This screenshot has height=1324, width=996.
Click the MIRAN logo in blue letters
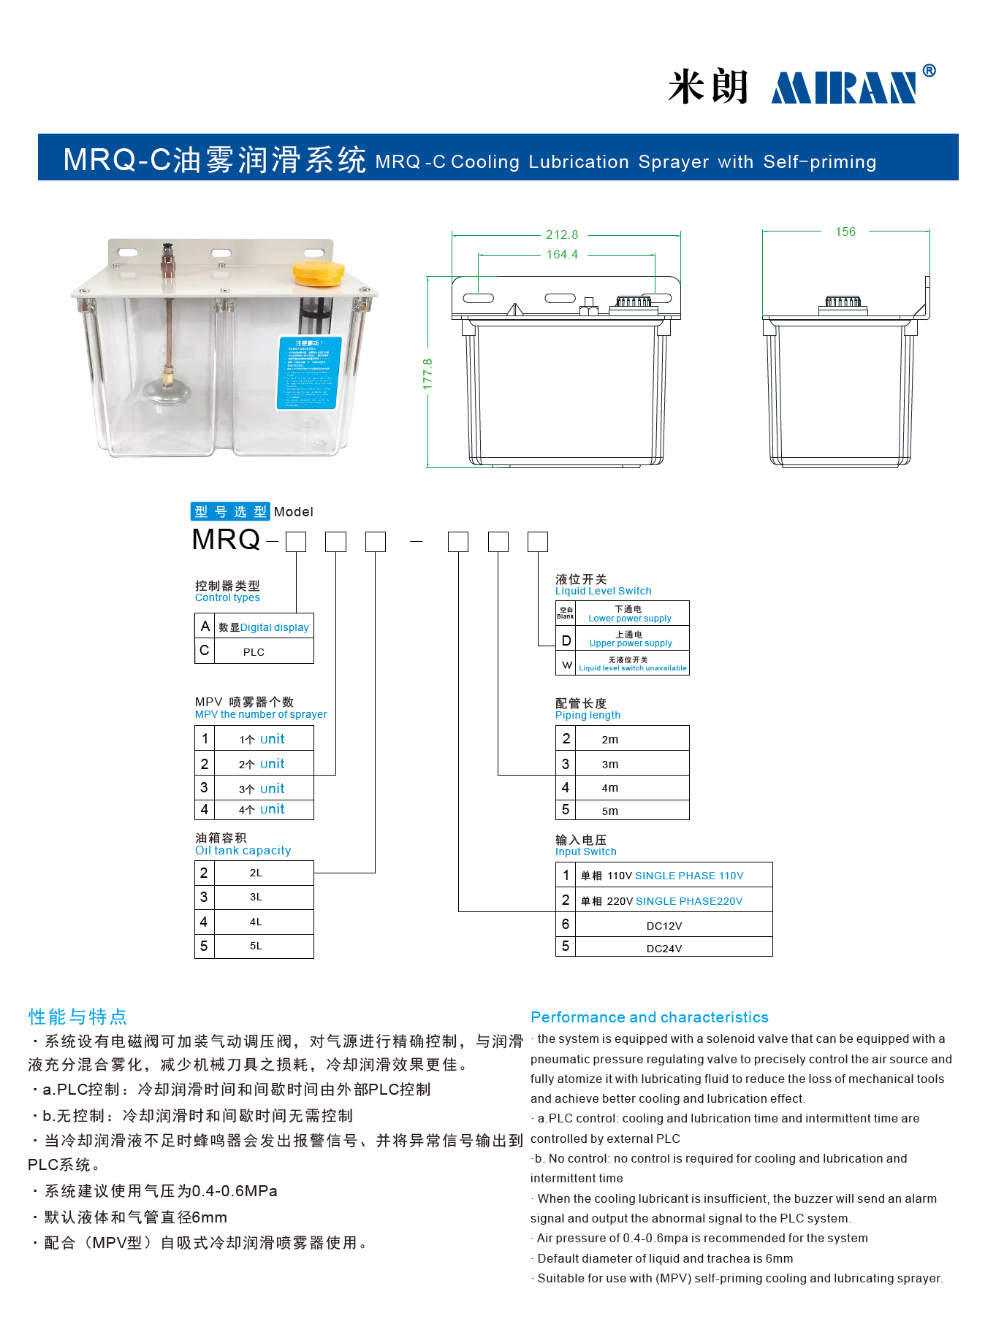[x=844, y=88]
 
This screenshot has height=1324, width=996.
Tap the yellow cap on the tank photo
[x=318, y=273]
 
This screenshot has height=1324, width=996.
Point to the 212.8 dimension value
[x=562, y=235]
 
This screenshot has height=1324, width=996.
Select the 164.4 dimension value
[x=562, y=255]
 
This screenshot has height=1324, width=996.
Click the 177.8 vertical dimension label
[x=428, y=373]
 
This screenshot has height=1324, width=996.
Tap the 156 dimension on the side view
[x=845, y=232]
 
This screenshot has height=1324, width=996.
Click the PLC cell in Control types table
[x=254, y=652]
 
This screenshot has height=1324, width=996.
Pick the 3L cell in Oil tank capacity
[x=256, y=897]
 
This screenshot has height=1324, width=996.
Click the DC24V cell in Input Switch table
[x=664, y=949]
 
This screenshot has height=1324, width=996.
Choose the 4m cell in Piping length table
[x=609, y=788]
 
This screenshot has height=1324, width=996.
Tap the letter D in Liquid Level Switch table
[x=566, y=641]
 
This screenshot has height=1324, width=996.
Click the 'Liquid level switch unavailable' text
[x=632, y=668]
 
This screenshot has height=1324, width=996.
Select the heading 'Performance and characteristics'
[x=649, y=1017]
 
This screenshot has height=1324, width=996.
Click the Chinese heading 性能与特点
[x=77, y=1017]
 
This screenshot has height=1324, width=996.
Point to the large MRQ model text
[x=226, y=540]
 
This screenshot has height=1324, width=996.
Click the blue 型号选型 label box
[x=230, y=512]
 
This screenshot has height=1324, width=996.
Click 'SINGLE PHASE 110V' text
[x=689, y=876]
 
